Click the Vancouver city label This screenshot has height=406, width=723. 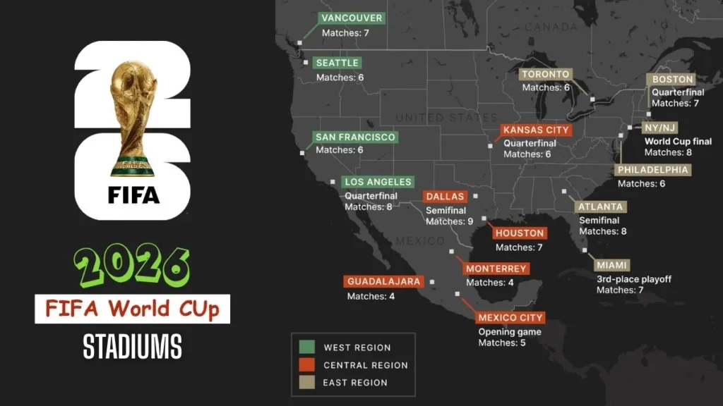351,18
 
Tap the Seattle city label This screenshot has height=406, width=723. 337,63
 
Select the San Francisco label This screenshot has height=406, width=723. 355,137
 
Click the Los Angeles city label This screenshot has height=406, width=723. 378,182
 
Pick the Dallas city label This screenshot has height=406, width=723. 445,197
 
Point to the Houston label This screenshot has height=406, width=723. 520,233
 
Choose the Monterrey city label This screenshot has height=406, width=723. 496,269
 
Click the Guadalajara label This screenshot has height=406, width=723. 384,281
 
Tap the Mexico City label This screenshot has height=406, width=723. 510,318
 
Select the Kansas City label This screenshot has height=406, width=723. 537,130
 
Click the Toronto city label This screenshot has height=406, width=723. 545,74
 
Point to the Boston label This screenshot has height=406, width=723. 673,80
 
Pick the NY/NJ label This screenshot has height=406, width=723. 660,128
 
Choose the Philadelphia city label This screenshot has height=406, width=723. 652,170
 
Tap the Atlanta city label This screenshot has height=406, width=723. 600,207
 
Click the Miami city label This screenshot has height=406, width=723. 611,265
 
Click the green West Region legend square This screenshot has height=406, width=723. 306,347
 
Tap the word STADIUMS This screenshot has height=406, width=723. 132,346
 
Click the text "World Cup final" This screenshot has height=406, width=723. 678,141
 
